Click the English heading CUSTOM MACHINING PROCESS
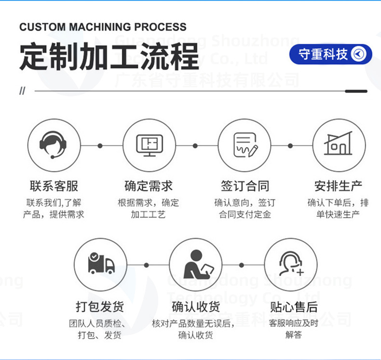(x=103, y=27)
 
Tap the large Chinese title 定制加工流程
(x=109, y=57)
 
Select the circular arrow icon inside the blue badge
(x=359, y=54)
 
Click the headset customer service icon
(x=53, y=145)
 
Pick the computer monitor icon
(x=149, y=145)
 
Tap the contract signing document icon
(x=244, y=145)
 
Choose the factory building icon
(x=339, y=145)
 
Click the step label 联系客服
(x=54, y=186)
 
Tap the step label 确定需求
(x=149, y=186)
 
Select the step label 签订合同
(x=245, y=186)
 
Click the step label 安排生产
(x=339, y=186)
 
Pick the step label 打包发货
(x=101, y=307)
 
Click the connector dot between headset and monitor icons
(x=100, y=145)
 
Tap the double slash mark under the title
(x=22, y=92)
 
